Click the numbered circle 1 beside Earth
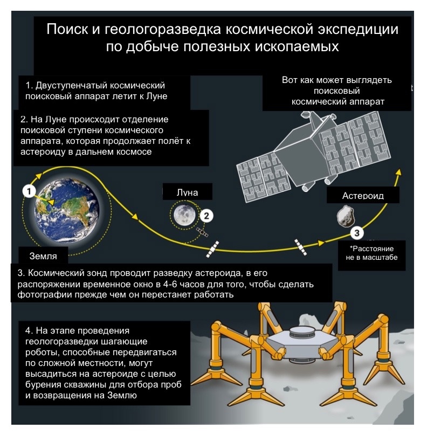(x=29, y=191)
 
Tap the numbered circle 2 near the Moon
(x=206, y=216)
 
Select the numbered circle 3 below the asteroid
(x=357, y=233)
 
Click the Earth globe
(x=67, y=211)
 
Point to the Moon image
(x=184, y=215)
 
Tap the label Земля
(x=43, y=256)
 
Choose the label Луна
(x=187, y=192)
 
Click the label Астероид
(x=363, y=196)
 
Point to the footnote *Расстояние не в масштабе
(x=371, y=253)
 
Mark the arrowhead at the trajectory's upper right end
(x=399, y=172)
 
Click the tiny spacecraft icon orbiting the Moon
(x=202, y=232)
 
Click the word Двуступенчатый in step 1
(x=71, y=86)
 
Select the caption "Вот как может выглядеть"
(x=336, y=80)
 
